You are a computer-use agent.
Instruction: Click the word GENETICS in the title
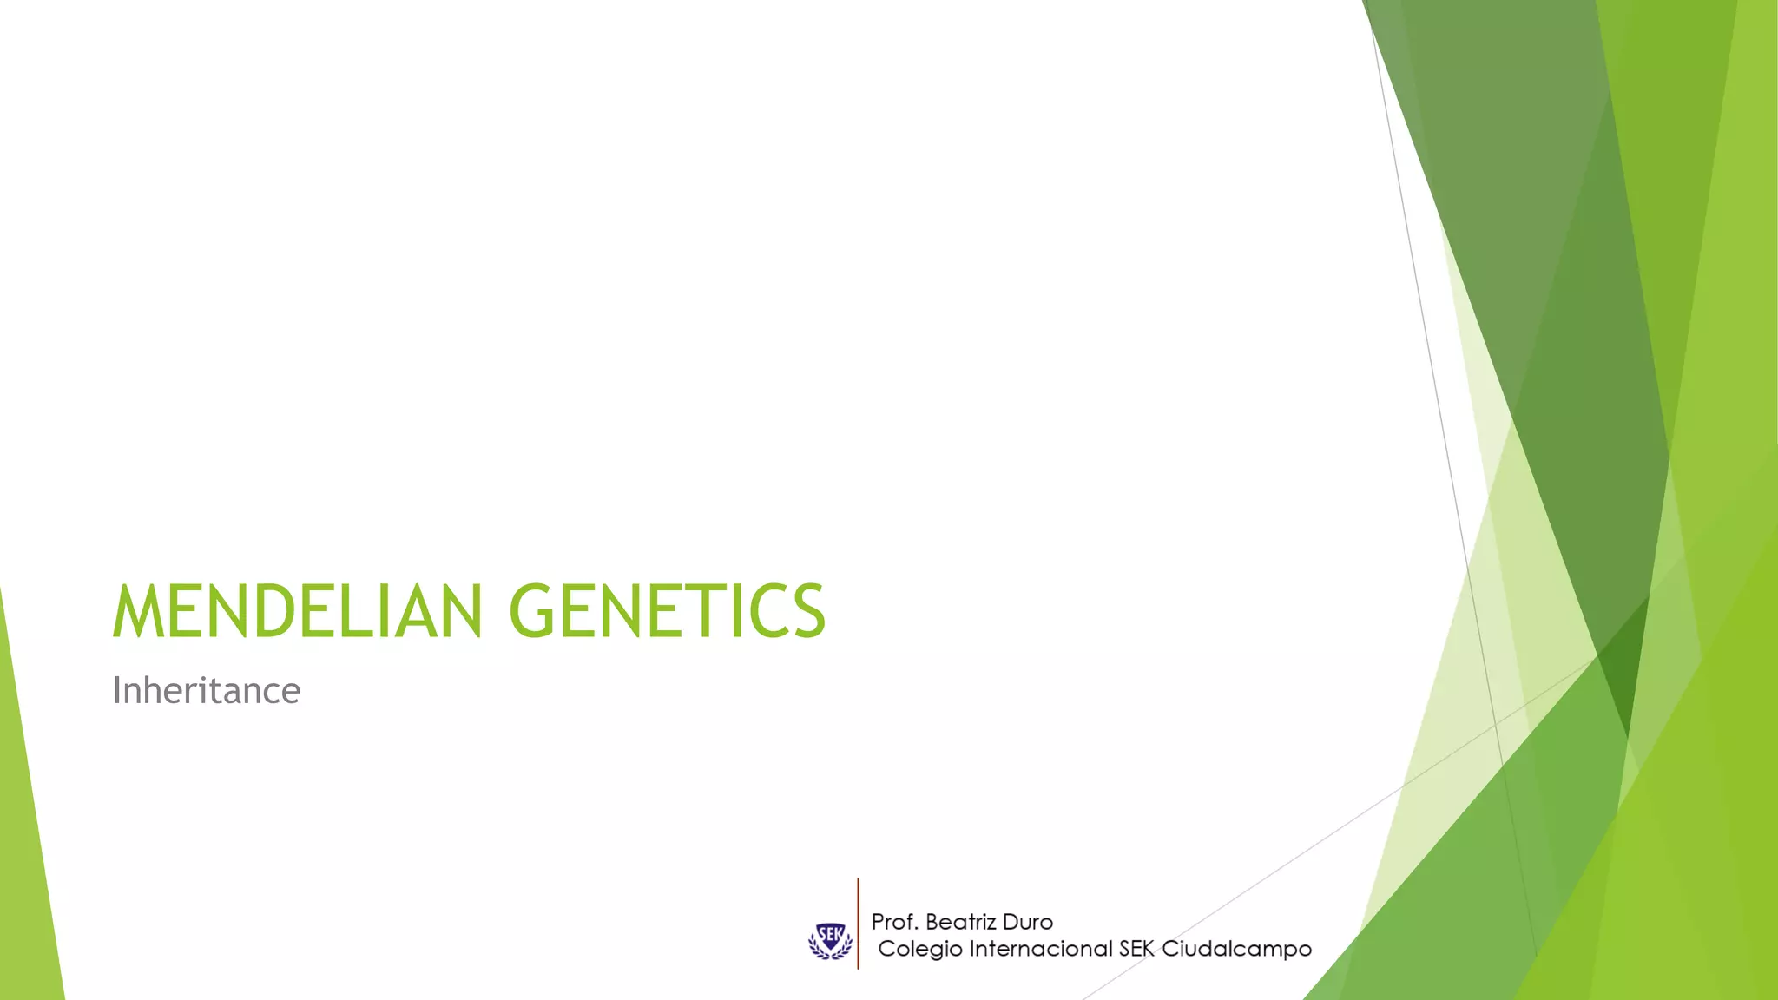click(667, 611)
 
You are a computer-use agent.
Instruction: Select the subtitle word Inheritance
click(207, 691)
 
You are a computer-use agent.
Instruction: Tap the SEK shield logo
click(830, 939)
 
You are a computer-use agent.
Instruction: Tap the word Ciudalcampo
click(1236, 949)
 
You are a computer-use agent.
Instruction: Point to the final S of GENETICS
click(807, 611)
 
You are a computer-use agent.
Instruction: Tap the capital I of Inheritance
click(116, 691)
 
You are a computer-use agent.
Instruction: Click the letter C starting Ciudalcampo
click(1171, 949)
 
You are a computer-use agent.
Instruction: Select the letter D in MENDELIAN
click(273, 611)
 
